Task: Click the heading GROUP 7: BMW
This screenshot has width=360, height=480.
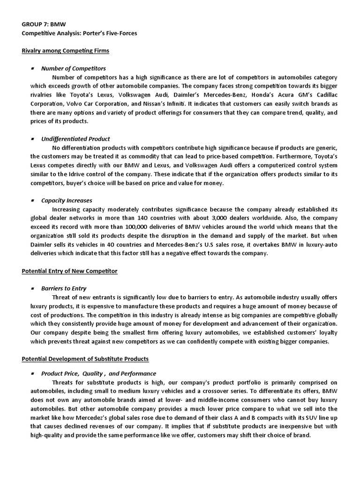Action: (42, 25)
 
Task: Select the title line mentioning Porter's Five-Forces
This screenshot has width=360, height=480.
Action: (80, 34)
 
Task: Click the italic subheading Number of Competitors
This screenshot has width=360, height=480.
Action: (74, 68)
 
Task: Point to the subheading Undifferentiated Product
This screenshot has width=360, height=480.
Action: (75, 139)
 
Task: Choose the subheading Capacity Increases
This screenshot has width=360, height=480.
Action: (67, 200)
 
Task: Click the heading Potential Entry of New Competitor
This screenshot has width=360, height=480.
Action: (70, 271)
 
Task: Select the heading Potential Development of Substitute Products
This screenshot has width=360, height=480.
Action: (85, 359)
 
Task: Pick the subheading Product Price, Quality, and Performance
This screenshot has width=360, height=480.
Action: (98, 374)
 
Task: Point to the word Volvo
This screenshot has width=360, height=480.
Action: (76, 104)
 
